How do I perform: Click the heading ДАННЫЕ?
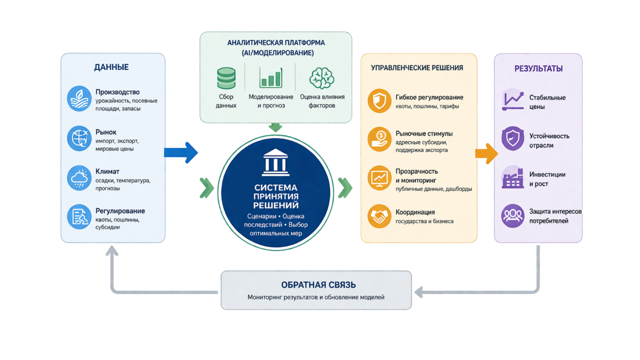pyautogui.click(x=111, y=67)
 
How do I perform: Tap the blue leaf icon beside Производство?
pyautogui.click(x=79, y=99)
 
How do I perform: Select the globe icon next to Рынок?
pyautogui.click(x=79, y=138)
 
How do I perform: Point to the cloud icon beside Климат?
pyautogui.click(x=79, y=178)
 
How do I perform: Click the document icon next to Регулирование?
pyautogui.click(x=79, y=217)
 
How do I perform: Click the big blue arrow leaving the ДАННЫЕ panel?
pyautogui.click(x=181, y=153)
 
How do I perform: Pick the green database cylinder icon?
pyautogui.click(x=226, y=78)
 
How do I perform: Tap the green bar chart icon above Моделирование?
pyautogui.click(x=270, y=77)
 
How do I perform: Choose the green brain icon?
pyautogui.click(x=322, y=78)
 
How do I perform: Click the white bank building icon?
pyautogui.click(x=276, y=162)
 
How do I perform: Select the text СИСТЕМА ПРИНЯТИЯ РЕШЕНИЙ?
pyautogui.click(x=276, y=196)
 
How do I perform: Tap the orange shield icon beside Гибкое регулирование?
pyautogui.click(x=380, y=100)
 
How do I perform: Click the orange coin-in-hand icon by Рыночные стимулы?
pyautogui.click(x=380, y=139)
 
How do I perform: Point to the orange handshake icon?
pyautogui.click(x=380, y=216)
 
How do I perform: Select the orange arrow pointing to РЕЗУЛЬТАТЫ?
pyautogui.click(x=487, y=154)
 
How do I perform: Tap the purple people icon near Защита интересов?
pyautogui.click(x=513, y=216)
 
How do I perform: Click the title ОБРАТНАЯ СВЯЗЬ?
pyautogui.click(x=319, y=285)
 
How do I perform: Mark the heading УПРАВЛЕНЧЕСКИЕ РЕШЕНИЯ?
pyautogui.click(x=417, y=68)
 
